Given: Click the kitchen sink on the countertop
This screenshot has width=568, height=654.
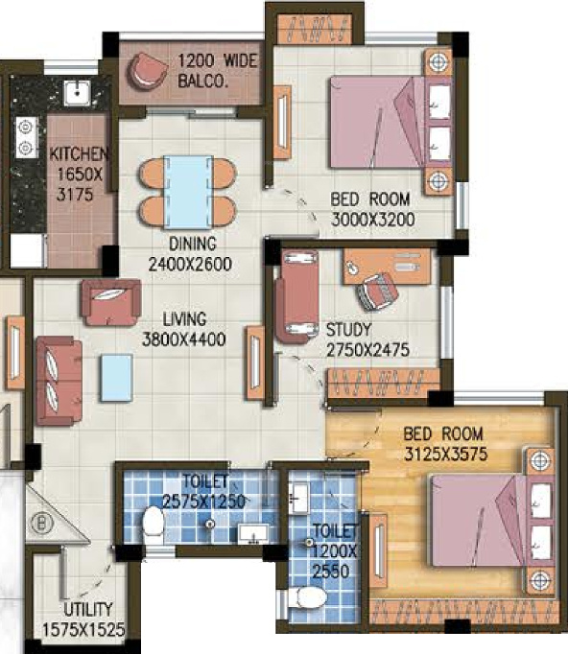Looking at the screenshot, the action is point(77,93).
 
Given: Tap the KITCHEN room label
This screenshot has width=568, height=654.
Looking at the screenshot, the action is point(79,153).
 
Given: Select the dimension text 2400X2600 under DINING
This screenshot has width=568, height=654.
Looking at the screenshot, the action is point(190,264).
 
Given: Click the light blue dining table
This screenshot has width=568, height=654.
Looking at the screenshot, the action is point(188,193).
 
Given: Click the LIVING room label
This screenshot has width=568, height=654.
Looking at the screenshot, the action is point(184,319).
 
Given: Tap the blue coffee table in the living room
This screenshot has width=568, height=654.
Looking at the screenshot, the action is point(116,378).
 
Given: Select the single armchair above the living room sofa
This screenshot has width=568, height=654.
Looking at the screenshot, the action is point(111,302).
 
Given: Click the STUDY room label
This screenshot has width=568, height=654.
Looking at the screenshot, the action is point(348,330).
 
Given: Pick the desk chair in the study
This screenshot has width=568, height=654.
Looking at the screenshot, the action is point(377,292).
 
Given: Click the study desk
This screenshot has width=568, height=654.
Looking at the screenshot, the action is point(387,266).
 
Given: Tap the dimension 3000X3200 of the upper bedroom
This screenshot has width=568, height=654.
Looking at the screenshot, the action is point(372,220).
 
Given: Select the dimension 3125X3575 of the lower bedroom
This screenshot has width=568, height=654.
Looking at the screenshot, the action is point(446,454).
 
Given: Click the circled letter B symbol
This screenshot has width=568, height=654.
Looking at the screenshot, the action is point(41,523).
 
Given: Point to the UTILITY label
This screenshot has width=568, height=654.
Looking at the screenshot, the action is point(88,610).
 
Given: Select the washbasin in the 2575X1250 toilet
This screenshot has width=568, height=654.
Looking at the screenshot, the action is point(253,534).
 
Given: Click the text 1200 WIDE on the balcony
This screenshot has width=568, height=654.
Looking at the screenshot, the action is point(218,61).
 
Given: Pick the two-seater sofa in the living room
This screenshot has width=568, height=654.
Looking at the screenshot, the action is point(59,382).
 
